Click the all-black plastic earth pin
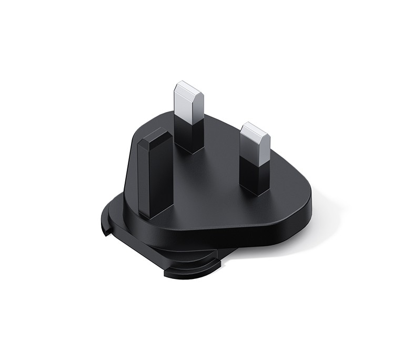coord(155,176)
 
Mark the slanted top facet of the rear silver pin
coord(189,87)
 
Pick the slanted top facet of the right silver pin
coord(255,128)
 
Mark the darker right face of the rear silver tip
coord(198,108)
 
